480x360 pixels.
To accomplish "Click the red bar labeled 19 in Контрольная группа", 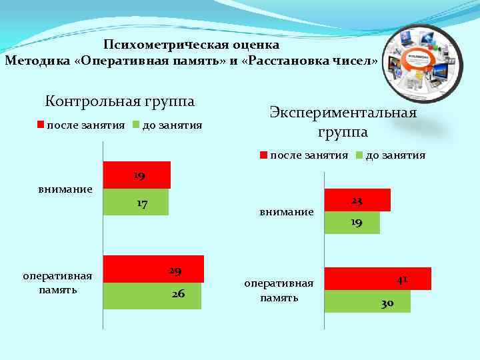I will (137, 175).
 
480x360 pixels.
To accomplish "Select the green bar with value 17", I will (136, 202).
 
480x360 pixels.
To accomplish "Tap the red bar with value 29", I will (153, 269).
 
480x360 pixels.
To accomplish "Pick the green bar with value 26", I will (152, 295).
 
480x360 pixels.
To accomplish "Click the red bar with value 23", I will (357, 200).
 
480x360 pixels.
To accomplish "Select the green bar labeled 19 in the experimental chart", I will (352, 223).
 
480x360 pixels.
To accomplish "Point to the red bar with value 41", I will (377, 279).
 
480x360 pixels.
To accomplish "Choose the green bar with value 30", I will (367, 301).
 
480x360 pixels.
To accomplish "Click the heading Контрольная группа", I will (119, 101).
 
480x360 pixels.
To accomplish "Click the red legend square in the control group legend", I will (40, 125).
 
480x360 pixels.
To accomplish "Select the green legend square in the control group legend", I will (135, 125).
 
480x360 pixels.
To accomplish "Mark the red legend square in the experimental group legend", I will (263, 155).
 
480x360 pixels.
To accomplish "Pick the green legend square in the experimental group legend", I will (359, 155).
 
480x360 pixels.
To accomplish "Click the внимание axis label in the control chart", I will (65, 189).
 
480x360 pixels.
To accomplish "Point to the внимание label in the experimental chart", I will (287, 211).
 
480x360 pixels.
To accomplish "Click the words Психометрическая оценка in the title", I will (191, 45).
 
